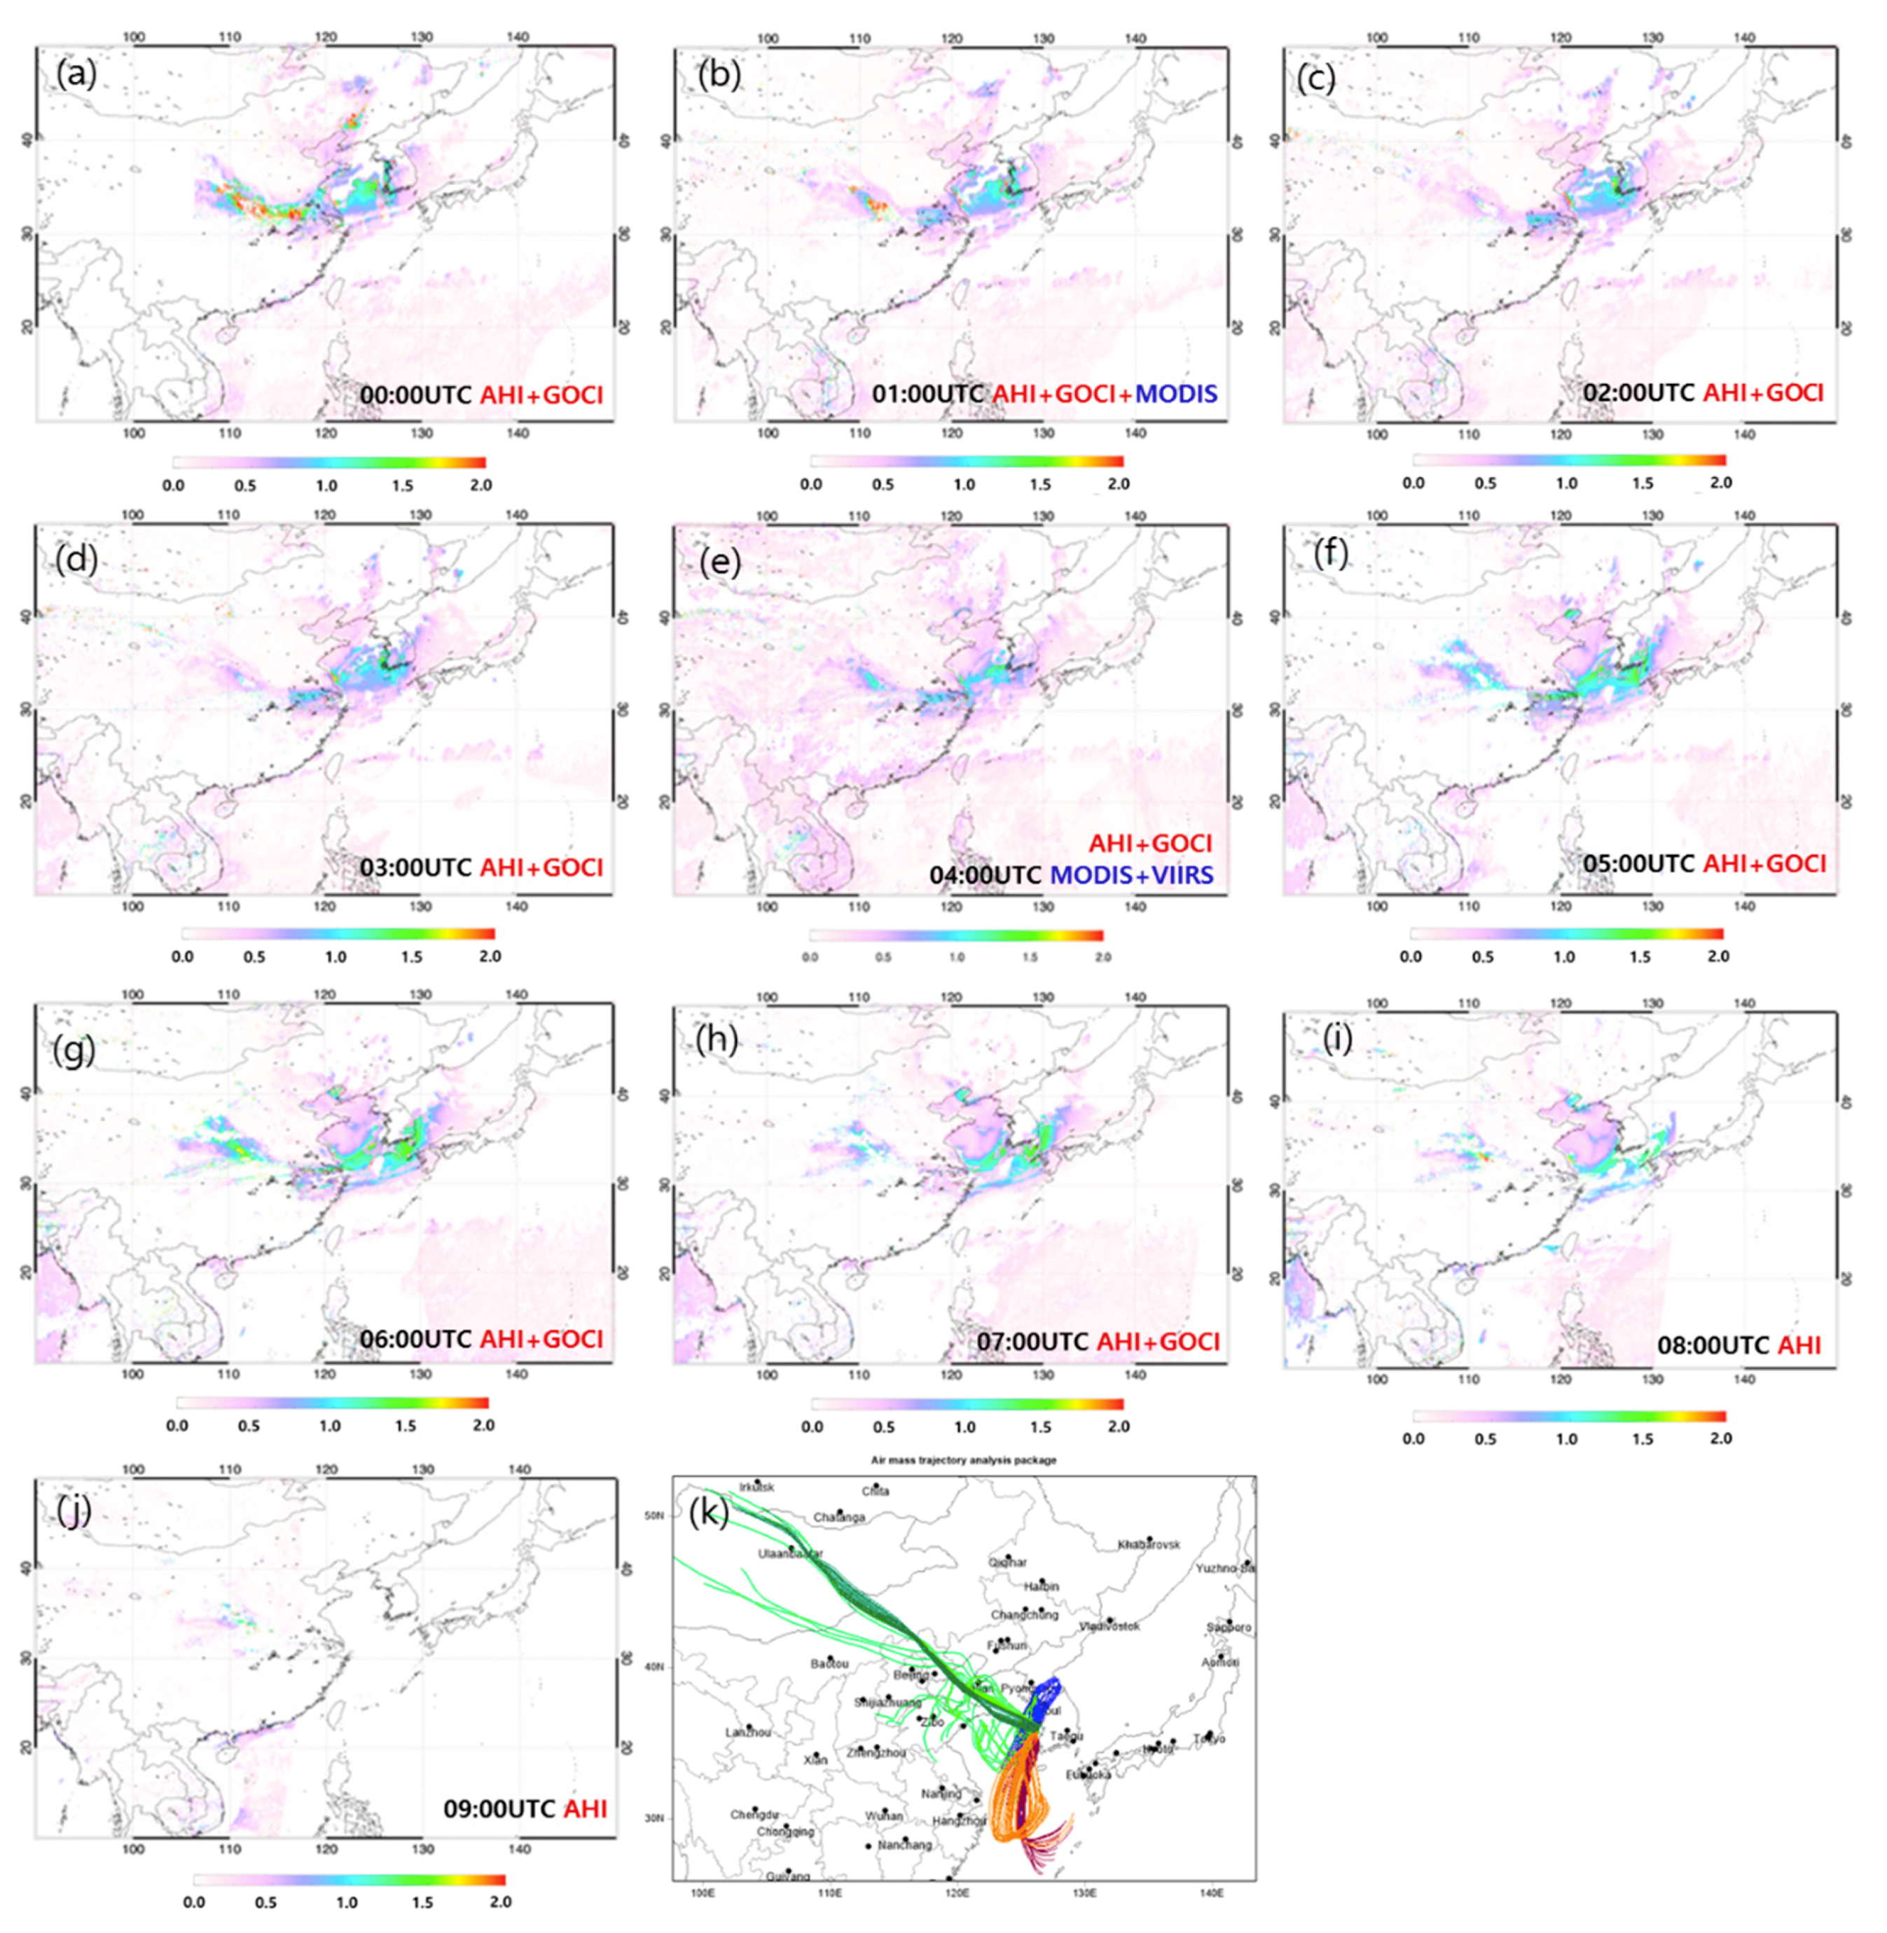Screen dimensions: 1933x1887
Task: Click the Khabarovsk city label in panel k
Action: click(x=1149, y=1544)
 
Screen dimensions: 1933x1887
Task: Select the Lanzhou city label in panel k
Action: click(x=748, y=1732)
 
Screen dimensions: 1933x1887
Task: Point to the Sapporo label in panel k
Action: click(x=1229, y=1627)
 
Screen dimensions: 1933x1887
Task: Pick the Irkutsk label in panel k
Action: click(x=756, y=1487)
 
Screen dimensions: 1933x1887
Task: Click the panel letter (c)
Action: click(x=1316, y=79)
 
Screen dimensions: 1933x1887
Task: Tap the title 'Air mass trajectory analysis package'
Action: click(x=963, y=1459)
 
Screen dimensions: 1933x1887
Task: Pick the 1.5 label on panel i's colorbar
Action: click(x=1643, y=1438)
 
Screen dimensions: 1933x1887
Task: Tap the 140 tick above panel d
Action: click(x=516, y=516)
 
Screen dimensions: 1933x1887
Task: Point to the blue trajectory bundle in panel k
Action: click(x=1046, y=1700)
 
